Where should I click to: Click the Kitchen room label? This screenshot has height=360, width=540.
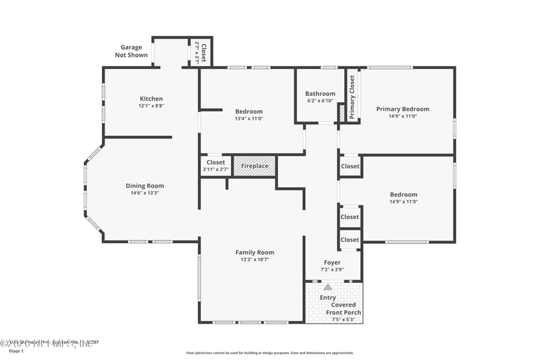(x=151, y=99)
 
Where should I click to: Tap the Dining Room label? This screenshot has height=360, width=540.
(x=144, y=186)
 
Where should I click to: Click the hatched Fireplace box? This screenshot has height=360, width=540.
(x=254, y=166)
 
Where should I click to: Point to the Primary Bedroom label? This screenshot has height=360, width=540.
(x=402, y=109)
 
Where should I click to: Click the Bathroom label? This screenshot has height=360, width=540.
(x=320, y=94)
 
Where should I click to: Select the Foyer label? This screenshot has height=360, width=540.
(x=332, y=262)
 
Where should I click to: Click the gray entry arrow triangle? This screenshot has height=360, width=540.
(x=328, y=287)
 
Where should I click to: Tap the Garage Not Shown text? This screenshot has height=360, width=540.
(x=132, y=51)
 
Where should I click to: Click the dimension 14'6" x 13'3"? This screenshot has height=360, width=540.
(x=144, y=193)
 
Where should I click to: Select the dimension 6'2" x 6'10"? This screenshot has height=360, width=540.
(x=320, y=101)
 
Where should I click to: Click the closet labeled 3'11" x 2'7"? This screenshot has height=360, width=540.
(x=215, y=165)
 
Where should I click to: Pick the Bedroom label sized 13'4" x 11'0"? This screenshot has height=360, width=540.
(x=248, y=111)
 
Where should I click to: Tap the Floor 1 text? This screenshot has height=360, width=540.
(x=16, y=351)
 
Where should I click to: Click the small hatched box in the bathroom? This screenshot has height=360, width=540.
(x=342, y=113)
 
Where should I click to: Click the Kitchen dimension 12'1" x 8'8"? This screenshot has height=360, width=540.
(x=151, y=106)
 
